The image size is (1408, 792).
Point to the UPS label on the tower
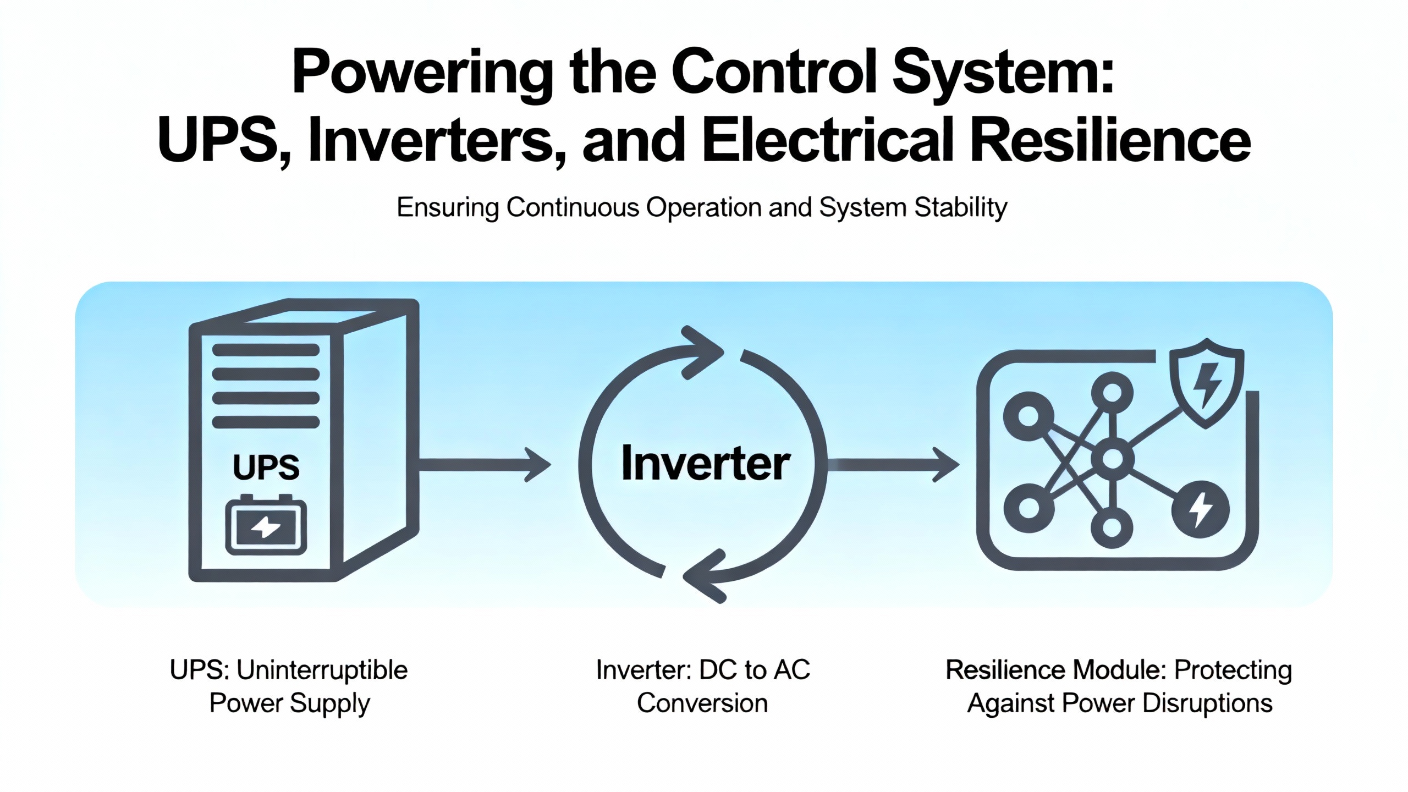point(266,468)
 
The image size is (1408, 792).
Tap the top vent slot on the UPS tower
point(266,350)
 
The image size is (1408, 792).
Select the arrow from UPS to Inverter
point(484,465)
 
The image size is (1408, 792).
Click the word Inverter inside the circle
point(705,464)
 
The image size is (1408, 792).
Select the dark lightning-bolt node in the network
point(1200,509)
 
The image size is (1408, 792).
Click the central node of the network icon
point(1112,458)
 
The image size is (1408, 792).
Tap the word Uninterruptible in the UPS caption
point(322,670)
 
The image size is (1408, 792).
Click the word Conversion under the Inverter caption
point(702,703)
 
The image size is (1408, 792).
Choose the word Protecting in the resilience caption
point(1233,670)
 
